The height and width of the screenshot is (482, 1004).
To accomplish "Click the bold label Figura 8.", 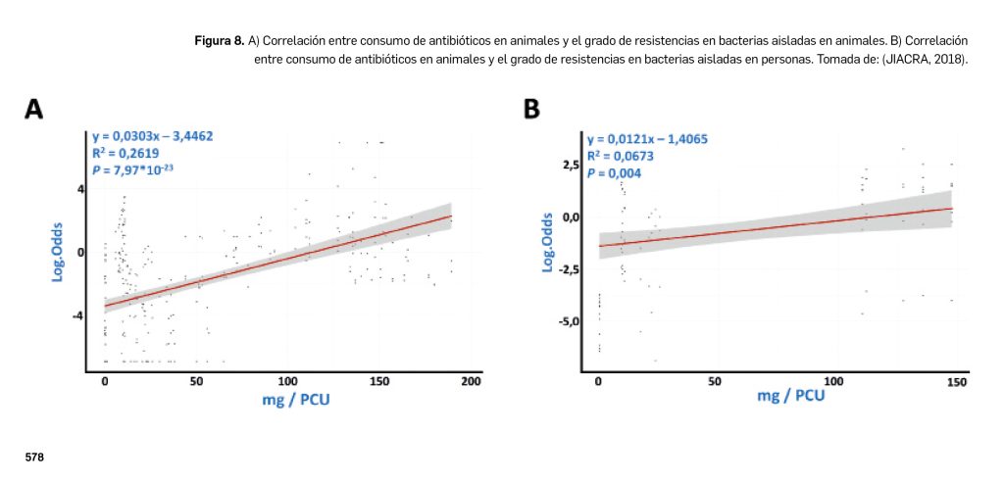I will pyautogui.click(x=221, y=41).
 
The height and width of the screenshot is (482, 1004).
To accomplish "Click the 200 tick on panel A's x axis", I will pyautogui.click(x=471, y=380).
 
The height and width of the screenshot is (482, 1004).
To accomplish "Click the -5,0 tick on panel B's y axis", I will pyautogui.click(x=569, y=321).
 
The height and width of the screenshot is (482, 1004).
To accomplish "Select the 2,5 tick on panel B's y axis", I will pyautogui.click(x=571, y=165).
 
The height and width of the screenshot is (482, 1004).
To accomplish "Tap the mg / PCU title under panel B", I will pyautogui.click(x=790, y=396).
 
